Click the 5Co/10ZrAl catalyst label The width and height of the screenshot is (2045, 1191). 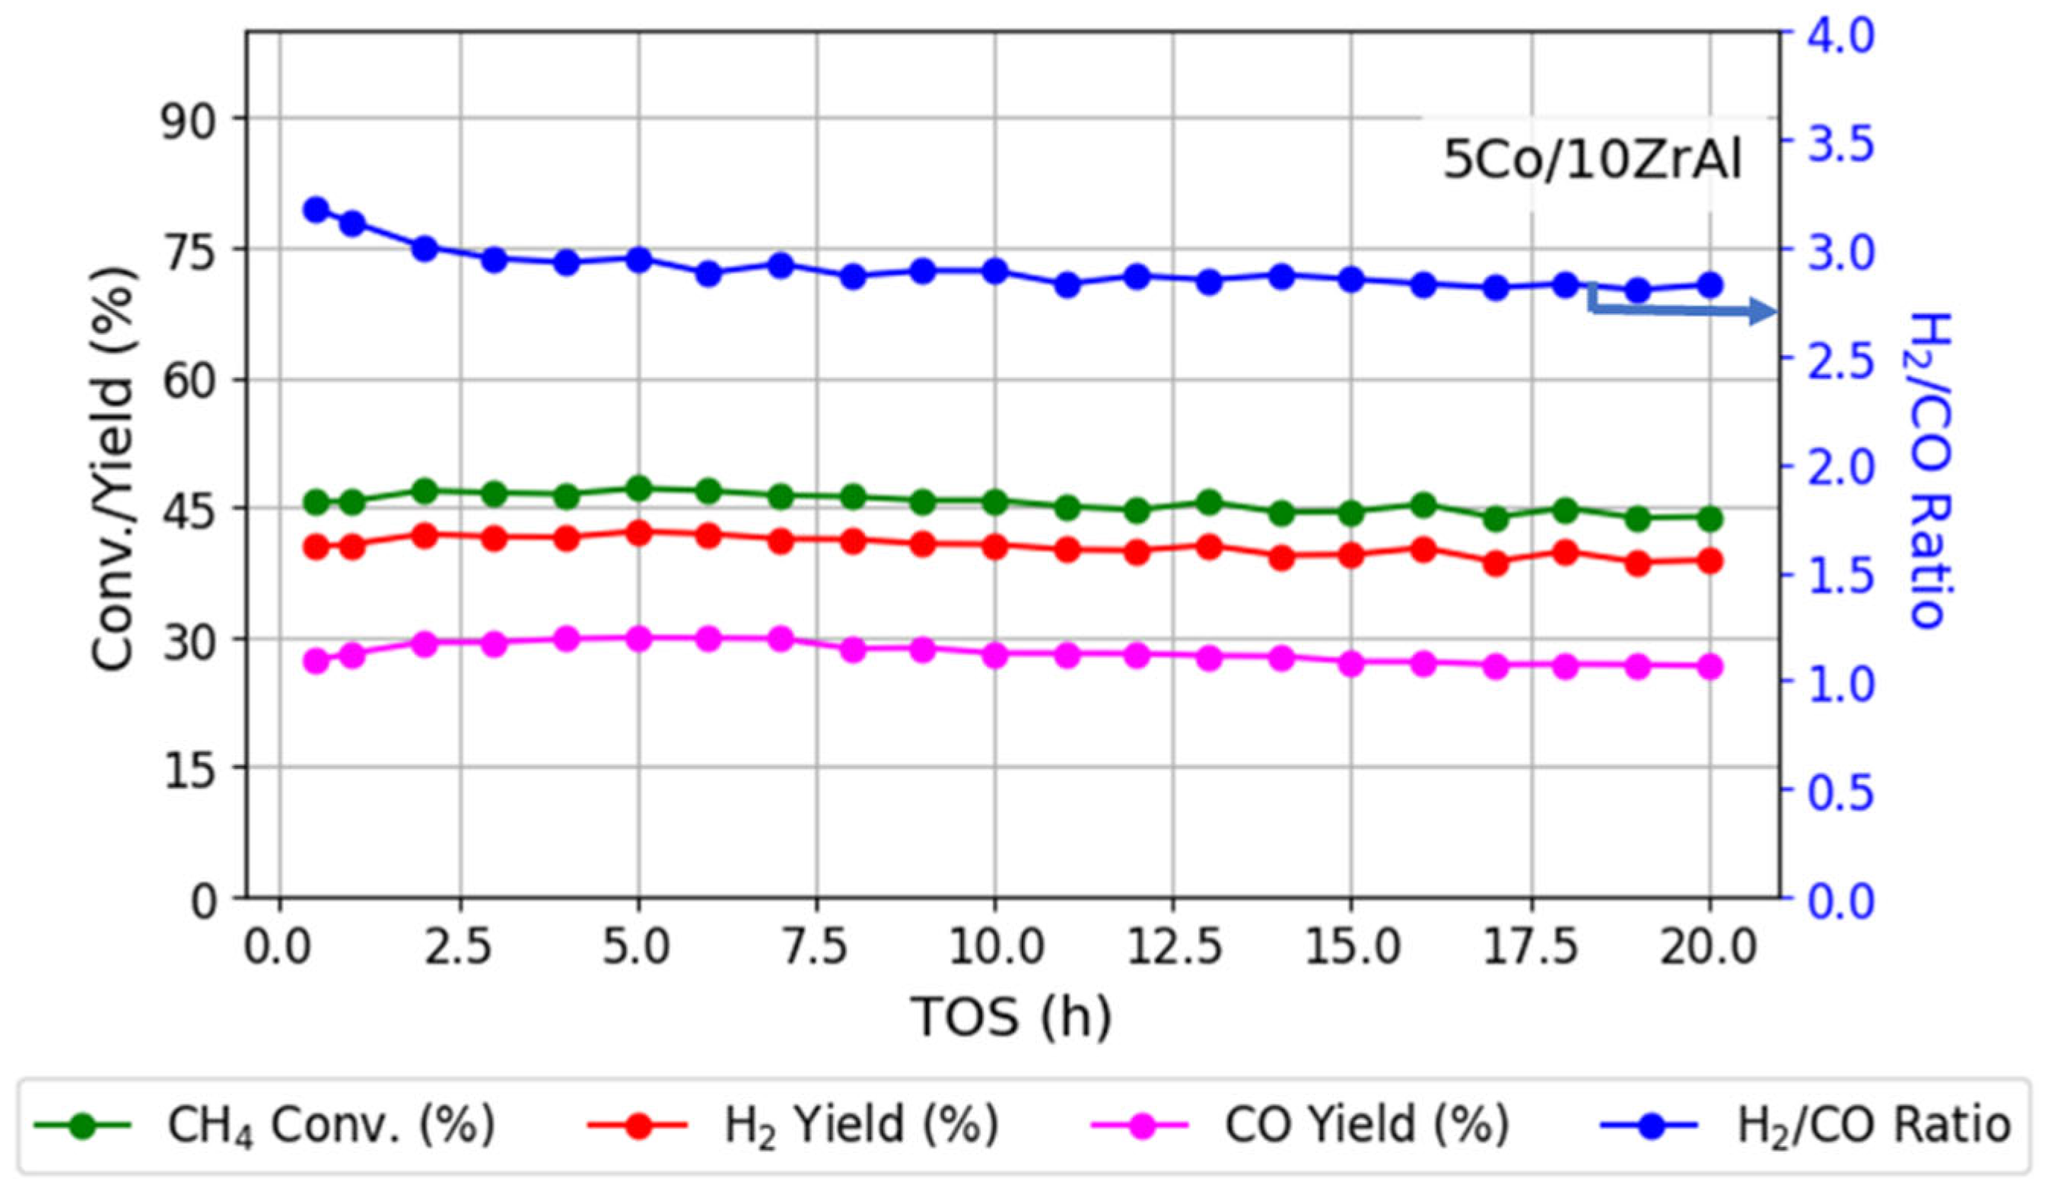(1592, 160)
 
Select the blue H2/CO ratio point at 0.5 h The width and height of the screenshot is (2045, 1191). (316, 209)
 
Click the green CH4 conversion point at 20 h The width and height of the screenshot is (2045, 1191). (1709, 519)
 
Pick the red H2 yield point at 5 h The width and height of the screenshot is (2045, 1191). (638, 532)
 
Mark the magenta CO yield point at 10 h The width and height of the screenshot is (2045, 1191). (995, 655)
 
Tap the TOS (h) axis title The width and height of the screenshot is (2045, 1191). (1011, 1016)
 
